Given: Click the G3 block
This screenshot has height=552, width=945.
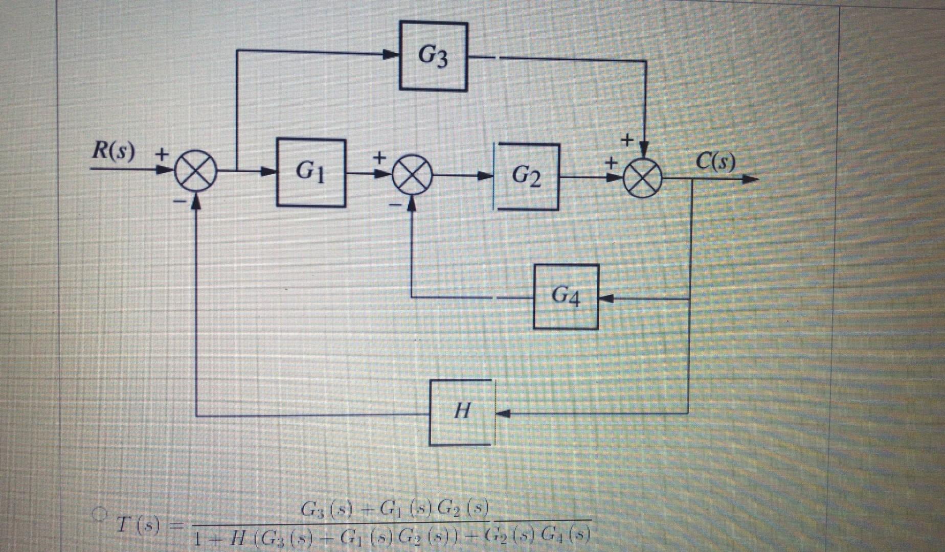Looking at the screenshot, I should point(433,56).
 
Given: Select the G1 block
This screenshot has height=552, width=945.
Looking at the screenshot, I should point(311,172).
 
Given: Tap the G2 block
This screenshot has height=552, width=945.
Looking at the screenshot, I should point(526,177).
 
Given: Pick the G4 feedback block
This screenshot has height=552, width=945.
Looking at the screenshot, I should point(566,296).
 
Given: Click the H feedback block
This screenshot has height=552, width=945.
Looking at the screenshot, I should point(462,412).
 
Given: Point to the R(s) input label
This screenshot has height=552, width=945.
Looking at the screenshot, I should point(114,152).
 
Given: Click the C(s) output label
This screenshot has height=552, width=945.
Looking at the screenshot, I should point(716,163).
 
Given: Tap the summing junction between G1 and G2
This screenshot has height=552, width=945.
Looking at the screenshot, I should point(413,175).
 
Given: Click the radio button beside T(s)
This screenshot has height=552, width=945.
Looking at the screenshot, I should point(98,512).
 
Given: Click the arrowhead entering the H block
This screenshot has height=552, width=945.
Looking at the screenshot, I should point(503,413).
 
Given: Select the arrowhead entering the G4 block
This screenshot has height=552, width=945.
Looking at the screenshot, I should point(605,298).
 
